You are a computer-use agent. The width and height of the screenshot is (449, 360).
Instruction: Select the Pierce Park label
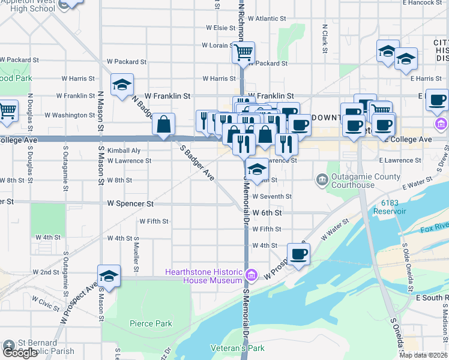[151, 323]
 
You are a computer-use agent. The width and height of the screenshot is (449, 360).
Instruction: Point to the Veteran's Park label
[238, 348]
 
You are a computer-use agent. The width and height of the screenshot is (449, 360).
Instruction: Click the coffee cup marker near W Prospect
[298, 254]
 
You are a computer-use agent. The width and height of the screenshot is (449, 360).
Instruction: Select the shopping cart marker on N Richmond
[244, 53]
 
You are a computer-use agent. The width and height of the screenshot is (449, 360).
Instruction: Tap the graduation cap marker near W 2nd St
[109, 276]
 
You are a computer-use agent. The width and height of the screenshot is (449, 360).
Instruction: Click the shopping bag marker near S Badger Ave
[164, 124]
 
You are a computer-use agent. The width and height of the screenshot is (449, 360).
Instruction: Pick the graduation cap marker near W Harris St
[122, 85]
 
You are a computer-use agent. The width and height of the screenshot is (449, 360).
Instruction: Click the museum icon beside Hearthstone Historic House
[252, 275]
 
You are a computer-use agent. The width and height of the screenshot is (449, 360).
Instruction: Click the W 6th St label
[267, 212]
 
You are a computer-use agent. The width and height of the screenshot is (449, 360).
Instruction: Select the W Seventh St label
[272, 196]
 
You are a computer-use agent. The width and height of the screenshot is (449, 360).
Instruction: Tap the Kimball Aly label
[124, 151]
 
